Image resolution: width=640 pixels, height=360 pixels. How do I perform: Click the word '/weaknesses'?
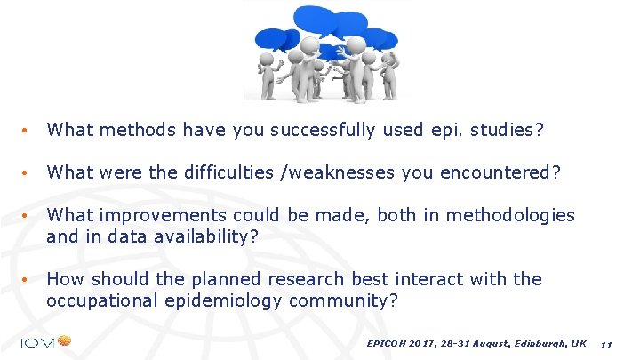337,172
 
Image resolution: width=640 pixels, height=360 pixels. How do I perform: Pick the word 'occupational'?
102,300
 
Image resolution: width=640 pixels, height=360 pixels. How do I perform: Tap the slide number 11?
606,344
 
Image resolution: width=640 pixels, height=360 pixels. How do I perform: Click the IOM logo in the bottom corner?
44,341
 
